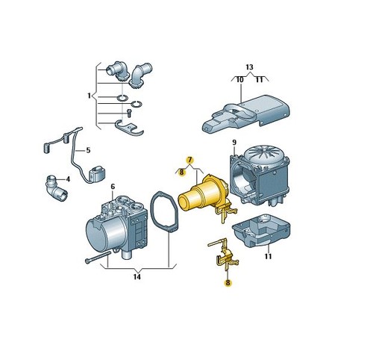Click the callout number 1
tap(89, 96)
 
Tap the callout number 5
tap(88, 150)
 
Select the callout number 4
tap(68, 179)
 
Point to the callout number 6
tap(113, 187)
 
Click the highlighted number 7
tap(189, 160)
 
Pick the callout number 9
tap(234, 143)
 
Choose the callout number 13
tap(249, 67)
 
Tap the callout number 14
tap(137, 277)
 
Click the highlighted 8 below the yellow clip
tap(228, 283)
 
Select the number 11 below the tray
tap(268, 256)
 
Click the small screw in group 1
tap(129, 113)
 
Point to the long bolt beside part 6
tap(98, 257)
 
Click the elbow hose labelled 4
tap(56, 188)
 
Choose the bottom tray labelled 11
tap(261, 229)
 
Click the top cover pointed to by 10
tap(246, 114)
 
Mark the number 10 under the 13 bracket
tap(239, 80)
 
